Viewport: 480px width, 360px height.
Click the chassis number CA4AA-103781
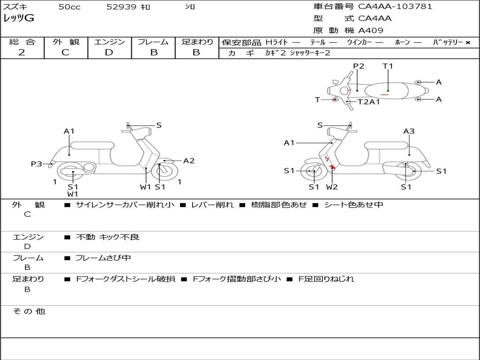point(395,7)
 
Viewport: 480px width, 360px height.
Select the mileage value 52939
point(121,7)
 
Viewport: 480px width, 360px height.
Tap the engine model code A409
point(370,30)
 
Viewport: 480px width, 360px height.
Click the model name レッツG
point(19,18)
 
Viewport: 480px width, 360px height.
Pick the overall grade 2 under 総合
point(22,52)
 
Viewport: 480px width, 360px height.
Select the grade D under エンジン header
point(109,52)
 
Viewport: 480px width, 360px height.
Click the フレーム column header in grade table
point(153,42)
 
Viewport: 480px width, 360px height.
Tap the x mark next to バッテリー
point(468,43)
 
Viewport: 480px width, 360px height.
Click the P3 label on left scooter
point(36,164)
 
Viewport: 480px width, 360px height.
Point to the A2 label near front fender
point(189,161)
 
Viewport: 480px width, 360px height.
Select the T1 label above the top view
point(388,66)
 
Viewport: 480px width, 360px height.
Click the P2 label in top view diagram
point(359,66)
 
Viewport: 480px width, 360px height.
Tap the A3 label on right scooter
point(409,131)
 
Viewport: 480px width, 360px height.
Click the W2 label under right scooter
point(332,187)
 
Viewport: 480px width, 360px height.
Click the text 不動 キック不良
point(107,237)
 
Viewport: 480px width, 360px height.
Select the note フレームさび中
point(103,258)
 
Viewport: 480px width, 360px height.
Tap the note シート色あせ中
point(353,204)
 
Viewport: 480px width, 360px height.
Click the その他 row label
point(29,311)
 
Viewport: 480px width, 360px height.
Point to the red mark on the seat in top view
point(384,95)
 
